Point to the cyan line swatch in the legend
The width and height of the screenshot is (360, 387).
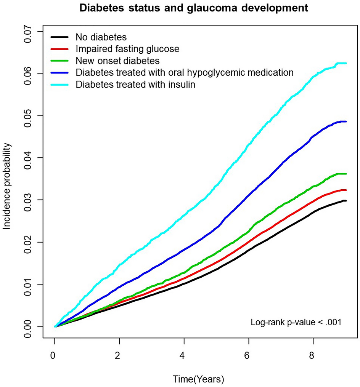coord(59,85)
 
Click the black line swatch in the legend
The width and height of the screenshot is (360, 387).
coord(59,37)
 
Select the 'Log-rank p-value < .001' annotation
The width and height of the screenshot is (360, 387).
coord(296,322)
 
